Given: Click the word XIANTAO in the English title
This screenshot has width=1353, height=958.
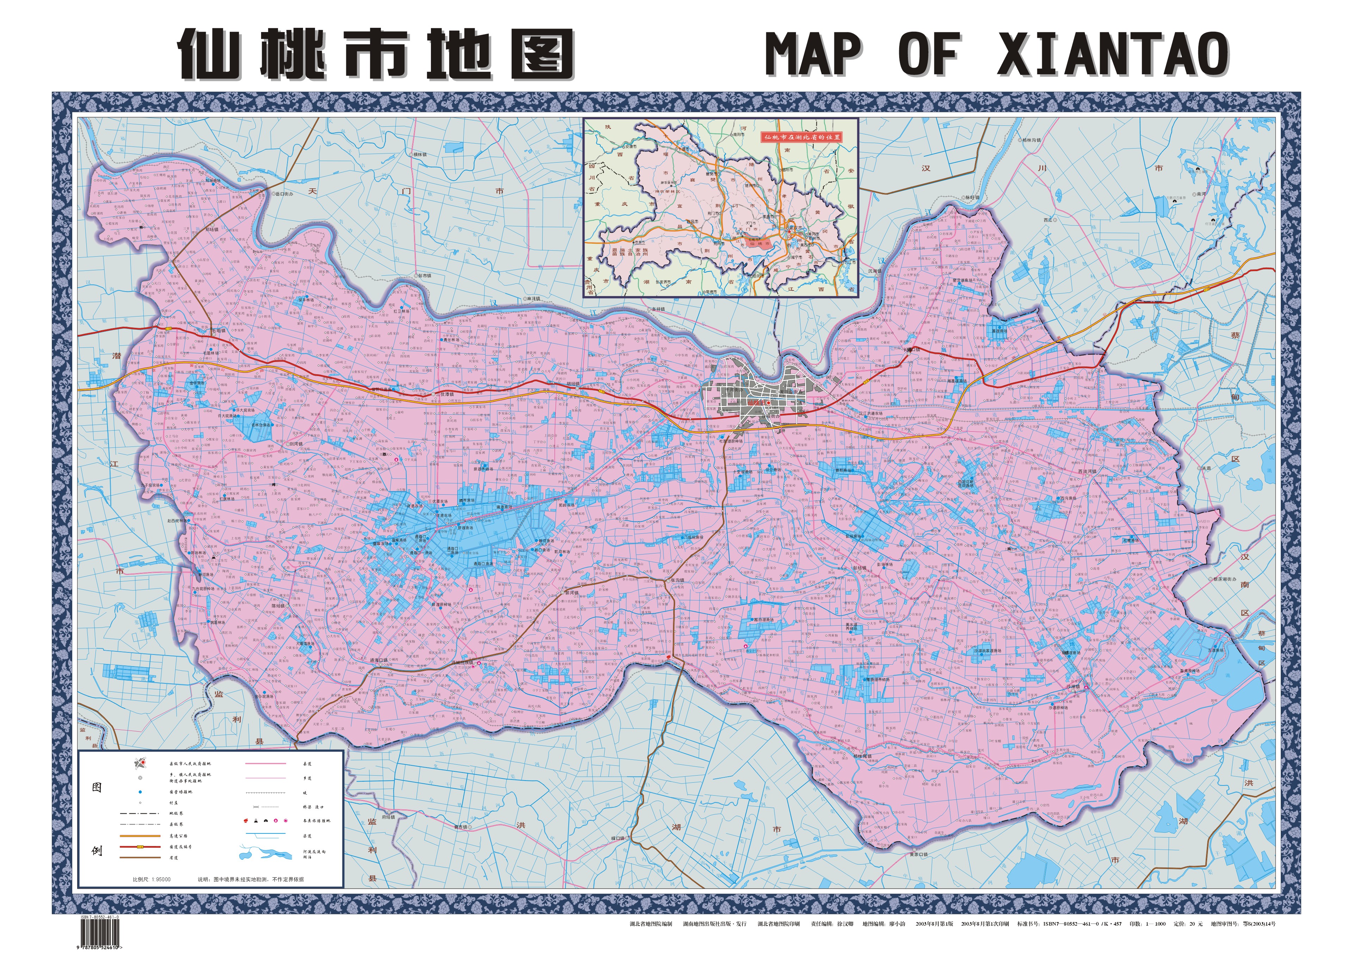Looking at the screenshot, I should pyautogui.click(x=1113, y=54).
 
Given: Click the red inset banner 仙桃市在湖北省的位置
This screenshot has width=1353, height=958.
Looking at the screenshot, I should pyautogui.click(x=802, y=137).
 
